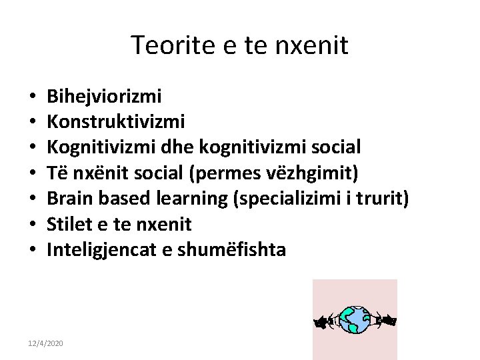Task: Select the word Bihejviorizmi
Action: [104, 97]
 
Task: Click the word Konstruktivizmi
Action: [116, 122]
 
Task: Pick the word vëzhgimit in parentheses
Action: [312, 173]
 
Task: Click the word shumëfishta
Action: [231, 250]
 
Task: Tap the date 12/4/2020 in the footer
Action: [45, 343]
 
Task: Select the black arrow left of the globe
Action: [323, 323]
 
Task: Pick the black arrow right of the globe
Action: [387, 321]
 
